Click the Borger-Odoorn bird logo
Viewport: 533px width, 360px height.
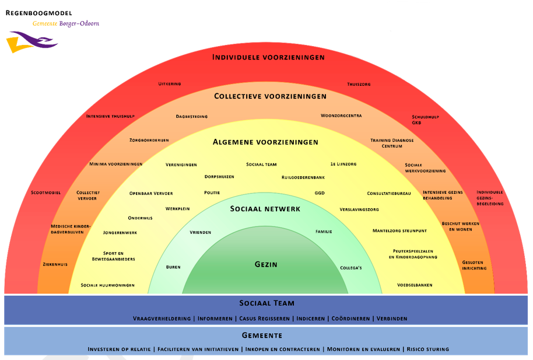(31, 43)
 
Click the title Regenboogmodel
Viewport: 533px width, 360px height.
(39, 12)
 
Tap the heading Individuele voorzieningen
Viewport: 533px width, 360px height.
(268, 57)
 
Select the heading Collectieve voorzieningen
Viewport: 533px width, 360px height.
(270, 96)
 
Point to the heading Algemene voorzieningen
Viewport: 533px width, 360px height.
(265, 142)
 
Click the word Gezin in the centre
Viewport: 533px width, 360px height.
(266, 264)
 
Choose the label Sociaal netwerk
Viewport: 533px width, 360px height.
(265, 208)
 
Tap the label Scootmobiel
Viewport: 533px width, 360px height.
(45, 193)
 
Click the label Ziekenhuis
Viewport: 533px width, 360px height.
(55, 264)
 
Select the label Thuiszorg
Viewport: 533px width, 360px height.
(359, 84)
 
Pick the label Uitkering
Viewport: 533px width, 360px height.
(170, 84)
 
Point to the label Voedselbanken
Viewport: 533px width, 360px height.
(415, 285)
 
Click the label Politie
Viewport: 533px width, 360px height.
(212, 193)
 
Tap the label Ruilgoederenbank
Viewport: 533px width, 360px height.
(303, 177)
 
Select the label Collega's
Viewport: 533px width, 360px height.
(351, 268)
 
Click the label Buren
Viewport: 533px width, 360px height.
(173, 267)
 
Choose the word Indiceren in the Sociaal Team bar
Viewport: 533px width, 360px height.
(310, 319)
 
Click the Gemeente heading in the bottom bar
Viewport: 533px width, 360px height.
(262, 335)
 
